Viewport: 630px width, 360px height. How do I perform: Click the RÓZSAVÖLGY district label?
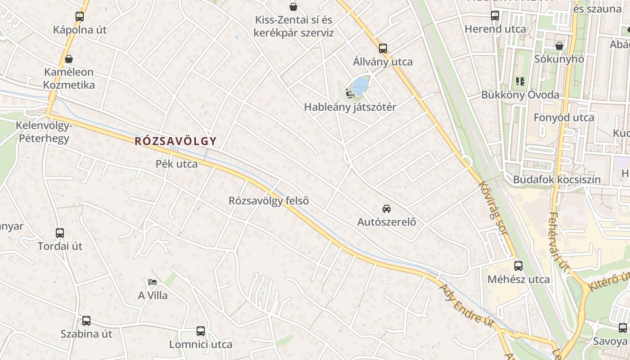(x=175, y=141)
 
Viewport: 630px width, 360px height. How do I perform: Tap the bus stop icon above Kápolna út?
(x=80, y=17)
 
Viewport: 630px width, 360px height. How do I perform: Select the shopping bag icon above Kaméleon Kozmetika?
(x=69, y=59)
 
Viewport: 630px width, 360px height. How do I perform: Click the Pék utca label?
(x=176, y=164)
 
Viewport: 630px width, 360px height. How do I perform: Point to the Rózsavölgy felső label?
(x=269, y=201)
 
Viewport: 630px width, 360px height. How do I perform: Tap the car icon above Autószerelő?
(x=386, y=208)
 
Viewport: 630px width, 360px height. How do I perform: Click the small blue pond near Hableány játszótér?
(x=360, y=85)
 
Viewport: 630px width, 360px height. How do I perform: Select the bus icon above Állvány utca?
(x=383, y=48)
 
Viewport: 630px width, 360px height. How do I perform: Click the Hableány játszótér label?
(x=350, y=107)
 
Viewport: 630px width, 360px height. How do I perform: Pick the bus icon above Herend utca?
(x=495, y=16)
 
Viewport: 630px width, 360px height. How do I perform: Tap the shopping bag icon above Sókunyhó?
(x=559, y=46)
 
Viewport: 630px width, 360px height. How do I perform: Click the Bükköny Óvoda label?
(x=520, y=95)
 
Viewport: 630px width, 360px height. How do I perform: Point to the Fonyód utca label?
(x=564, y=117)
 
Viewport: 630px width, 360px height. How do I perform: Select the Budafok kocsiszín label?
(x=557, y=180)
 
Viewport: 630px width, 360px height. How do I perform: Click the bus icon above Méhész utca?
(x=518, y=266)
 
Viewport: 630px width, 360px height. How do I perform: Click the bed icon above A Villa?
(x=153, y=282)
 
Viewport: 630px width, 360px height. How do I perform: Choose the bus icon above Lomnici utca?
(x=201, y=332)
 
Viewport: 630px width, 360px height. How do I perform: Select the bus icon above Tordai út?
(x=60, y=233)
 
